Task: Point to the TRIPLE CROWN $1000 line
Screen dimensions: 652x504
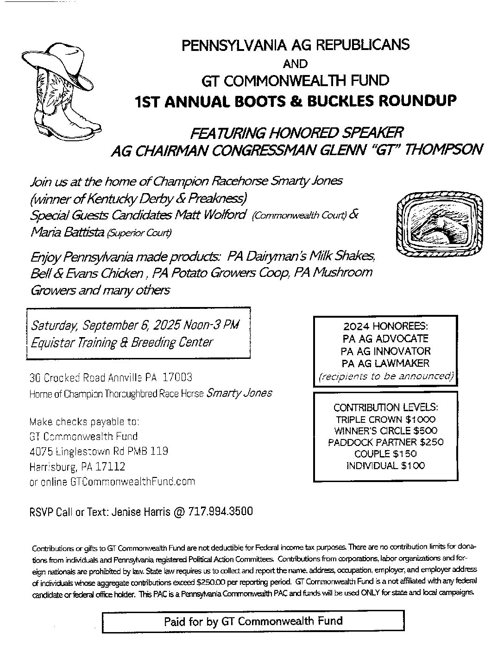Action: (385, 420)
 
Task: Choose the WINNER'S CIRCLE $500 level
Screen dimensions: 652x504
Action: (385, 431)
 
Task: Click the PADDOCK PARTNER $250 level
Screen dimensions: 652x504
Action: (385, 442)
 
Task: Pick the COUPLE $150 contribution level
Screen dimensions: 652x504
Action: (385, 454)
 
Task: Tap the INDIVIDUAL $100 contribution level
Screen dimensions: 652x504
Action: (385, 465)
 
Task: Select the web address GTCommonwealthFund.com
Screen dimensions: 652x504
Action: (132, 482)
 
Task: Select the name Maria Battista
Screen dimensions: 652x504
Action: (67, 232)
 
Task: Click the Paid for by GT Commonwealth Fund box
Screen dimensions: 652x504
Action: (253, 621)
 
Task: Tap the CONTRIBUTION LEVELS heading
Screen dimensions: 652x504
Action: (385, 407)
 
